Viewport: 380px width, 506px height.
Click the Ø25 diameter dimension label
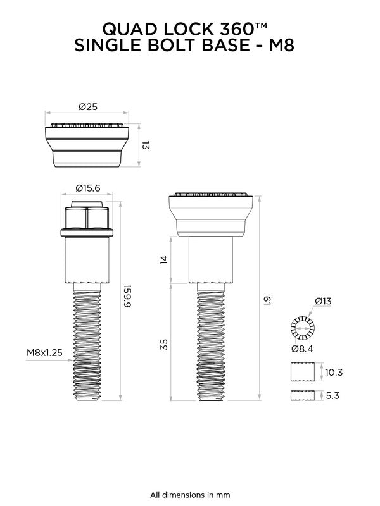[x=88, y=107]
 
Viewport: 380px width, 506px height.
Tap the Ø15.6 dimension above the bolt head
[x=88, y=187]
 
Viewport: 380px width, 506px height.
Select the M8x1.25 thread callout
[x=44, y=352]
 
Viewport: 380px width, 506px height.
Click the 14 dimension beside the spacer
[x=164, y=260]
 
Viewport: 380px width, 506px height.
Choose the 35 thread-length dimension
[x=164, y=344]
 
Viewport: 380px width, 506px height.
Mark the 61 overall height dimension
[x=268, y=297]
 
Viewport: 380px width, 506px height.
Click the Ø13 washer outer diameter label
[x=322, y=301]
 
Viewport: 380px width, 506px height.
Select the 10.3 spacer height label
[x=333, y=373]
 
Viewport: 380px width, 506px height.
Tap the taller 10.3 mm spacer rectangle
[x=302, y=373]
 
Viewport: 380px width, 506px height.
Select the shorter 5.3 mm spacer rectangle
[x=302, y=396]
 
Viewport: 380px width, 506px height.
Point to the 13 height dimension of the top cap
[x=144, y=146]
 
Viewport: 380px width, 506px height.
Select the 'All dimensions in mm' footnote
[x=190, y=494]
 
